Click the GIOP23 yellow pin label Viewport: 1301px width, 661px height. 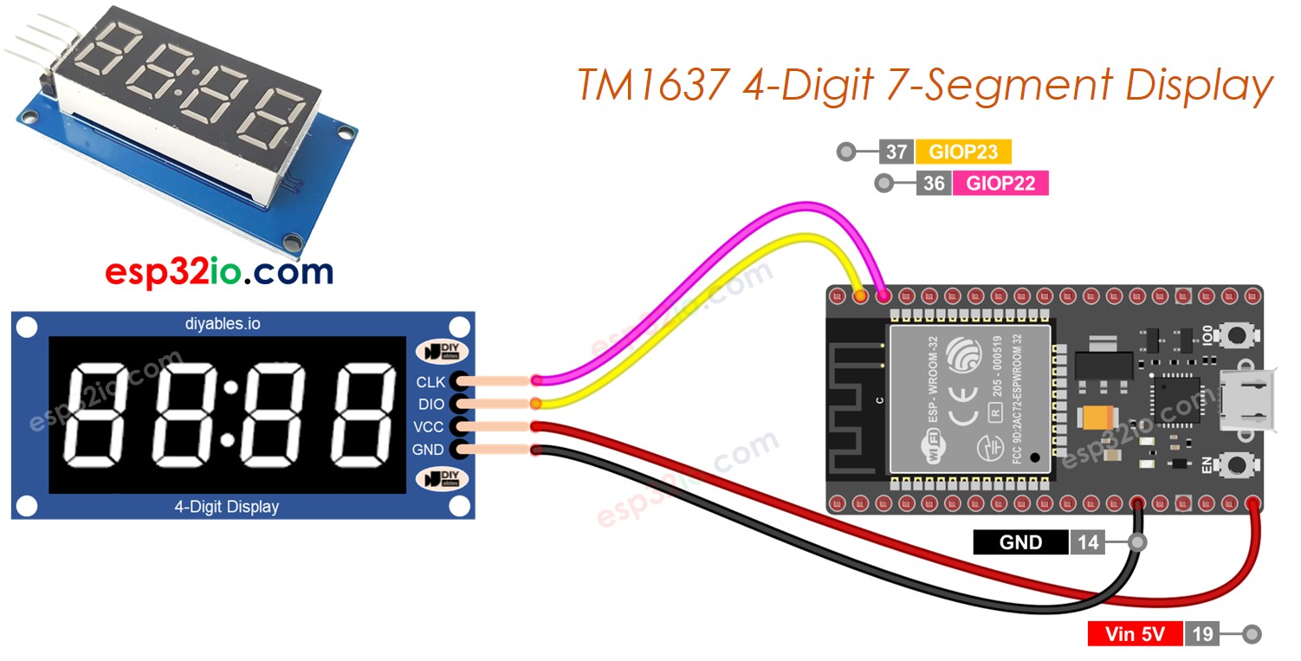[x=962, y=152]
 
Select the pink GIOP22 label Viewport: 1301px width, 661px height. [x=1000, y=183]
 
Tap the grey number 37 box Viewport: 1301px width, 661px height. [x=896, y=152]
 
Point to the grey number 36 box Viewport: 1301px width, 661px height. [x=934, y=183]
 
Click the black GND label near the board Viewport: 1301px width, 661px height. [x=1020, y=542]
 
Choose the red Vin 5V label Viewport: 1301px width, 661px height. [x=1135, y=634]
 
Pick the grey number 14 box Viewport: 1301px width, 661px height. [x=1088, y=542]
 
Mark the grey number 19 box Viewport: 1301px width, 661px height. [x=1202, y=634]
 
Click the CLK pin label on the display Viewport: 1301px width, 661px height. [x=430, y=381]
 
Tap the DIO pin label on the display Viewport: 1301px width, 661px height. [x=430, y=404]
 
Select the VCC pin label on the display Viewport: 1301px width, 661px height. [x=430, y=427]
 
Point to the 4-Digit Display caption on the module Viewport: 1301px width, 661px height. [x=227, y=507]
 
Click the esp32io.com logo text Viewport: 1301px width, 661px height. [x=219, y=272]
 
